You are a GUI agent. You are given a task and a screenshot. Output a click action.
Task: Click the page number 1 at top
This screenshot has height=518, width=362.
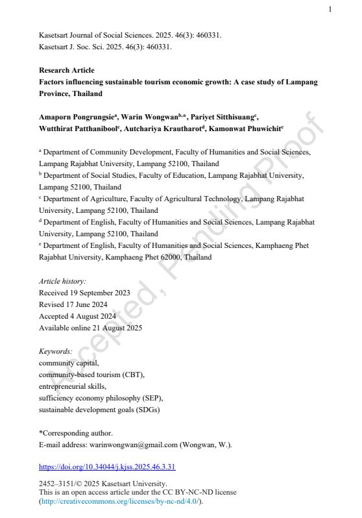pos(330,9)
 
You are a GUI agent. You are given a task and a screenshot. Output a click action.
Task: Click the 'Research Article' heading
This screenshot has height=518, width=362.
pos(66,70)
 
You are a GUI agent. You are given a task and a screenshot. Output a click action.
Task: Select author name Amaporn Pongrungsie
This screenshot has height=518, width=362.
pos(76,117)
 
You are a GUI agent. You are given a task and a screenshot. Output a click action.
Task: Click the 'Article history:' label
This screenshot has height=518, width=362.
pos(62,281)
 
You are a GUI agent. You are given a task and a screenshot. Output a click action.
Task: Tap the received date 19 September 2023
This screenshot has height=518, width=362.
pos(84,293)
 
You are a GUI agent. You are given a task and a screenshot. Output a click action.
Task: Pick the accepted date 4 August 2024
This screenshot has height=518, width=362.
pos(80,316)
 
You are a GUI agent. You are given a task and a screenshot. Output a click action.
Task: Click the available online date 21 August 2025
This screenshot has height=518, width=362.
pos(90,328)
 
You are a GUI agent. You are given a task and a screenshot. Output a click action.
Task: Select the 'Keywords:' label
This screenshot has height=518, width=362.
pos(56,351)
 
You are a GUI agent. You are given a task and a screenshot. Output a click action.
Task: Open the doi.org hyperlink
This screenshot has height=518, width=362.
pos(107,467)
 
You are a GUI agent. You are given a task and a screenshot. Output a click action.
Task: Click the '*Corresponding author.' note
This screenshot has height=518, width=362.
pos(76,433)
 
